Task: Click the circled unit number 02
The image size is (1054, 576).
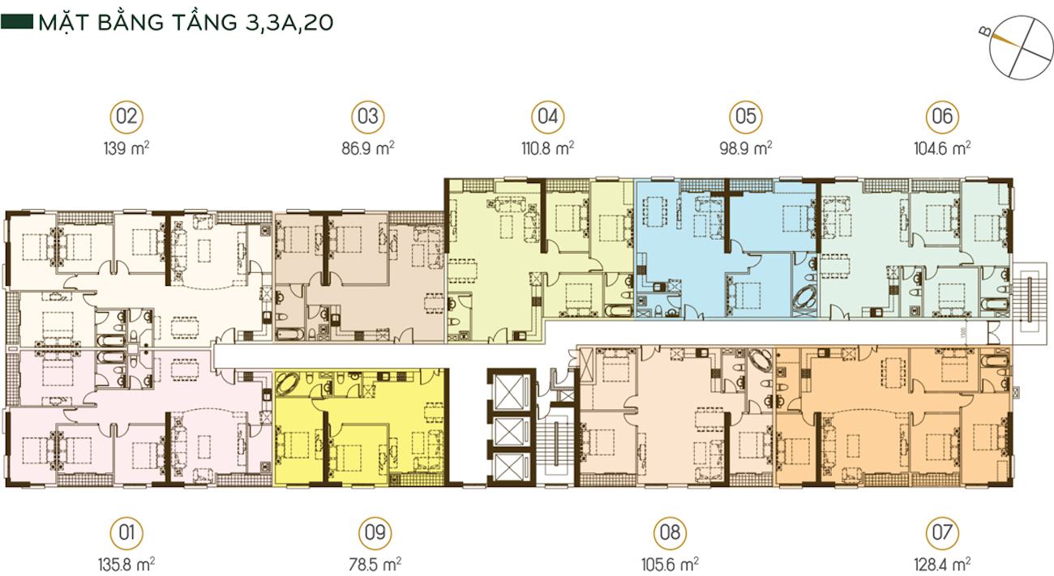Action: [126, 117]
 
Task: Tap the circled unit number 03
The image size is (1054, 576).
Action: [368, 117]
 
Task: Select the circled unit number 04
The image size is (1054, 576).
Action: [548, 117]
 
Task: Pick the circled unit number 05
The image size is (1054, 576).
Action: [746, 117]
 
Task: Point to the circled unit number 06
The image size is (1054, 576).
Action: [942, 117]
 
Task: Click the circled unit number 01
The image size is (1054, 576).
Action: [126, 533]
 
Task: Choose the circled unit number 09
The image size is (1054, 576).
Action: [375, 533]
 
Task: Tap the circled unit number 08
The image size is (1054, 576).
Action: [670, 533]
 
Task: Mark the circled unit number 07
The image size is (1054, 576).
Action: [942, 533]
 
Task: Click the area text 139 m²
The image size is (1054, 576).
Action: [126, 148]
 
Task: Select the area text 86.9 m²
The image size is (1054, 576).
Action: [368, 148]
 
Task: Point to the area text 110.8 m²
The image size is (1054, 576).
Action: [548, 148]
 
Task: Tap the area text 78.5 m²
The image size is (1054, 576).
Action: [375, 564]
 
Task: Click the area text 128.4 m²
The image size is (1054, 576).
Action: [942, 564]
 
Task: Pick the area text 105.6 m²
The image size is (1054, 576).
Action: [670, 564]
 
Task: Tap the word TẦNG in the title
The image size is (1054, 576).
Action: [201, 22]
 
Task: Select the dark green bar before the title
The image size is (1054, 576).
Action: [17, 22]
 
